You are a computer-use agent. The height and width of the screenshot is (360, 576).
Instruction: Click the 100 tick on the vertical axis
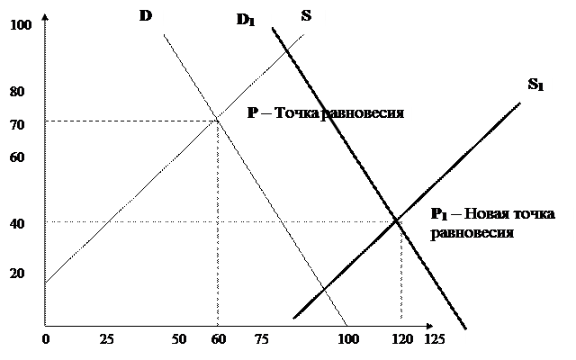click(x=21, y=25)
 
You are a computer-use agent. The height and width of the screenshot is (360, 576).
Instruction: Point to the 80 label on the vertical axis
click(x=18, y=92)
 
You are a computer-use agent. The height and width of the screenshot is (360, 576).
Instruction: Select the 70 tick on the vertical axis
click(x=18, y=125)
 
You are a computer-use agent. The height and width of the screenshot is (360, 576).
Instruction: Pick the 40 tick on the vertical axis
click(x=18, y=224)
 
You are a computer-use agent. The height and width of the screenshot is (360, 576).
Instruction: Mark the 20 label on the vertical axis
click(x=18, y=274)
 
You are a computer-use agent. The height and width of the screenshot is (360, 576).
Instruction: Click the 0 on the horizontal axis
click(x=46, y=339)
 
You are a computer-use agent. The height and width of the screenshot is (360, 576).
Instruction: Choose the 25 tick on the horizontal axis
click(x=106, y=339)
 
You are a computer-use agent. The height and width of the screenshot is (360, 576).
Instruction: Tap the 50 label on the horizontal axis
click(x=178, y=339)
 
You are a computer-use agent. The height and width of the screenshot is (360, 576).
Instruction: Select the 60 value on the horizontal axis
click(x=218, y=339)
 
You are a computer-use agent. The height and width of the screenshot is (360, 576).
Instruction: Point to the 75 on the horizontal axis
click(x=262, y=339)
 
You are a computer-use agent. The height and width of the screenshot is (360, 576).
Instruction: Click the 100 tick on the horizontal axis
click(x=347, y=339)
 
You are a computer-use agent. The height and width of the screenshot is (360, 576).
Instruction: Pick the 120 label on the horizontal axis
click(x=401, y=339)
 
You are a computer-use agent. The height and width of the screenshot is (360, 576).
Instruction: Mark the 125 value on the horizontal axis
click(x=434, y=339)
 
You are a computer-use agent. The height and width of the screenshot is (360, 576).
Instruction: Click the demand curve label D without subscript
click(x=146, y=17)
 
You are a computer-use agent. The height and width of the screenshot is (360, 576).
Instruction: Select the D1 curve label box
click(x=246, y=21)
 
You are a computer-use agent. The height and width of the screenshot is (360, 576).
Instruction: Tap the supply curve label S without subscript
click(x=306, y=17)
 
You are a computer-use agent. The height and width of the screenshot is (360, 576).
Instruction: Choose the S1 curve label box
click(x=535, y=86)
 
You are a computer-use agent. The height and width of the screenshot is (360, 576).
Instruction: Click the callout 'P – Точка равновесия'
click(x=325, y=114)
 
